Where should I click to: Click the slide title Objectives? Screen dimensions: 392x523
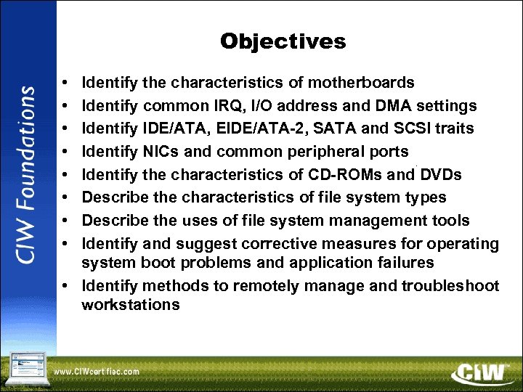(283, 41)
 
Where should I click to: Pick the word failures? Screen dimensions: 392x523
(402, 262)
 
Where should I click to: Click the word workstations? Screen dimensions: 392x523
(131, 304)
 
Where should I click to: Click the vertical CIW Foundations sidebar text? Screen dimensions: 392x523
(27, 175)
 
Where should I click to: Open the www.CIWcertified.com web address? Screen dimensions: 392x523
(97, 371)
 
